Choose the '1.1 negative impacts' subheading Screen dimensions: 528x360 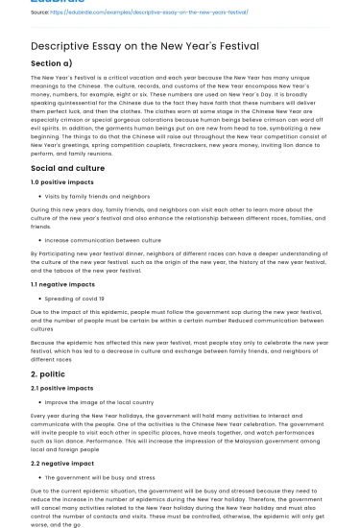click(63, 285)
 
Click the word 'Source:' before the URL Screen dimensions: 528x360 click(41, 12)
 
